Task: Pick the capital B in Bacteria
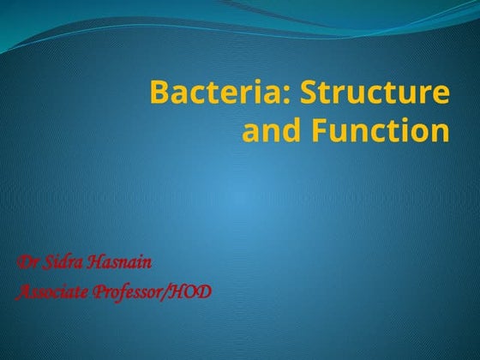point(159,93)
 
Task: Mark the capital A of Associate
point(22,291)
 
